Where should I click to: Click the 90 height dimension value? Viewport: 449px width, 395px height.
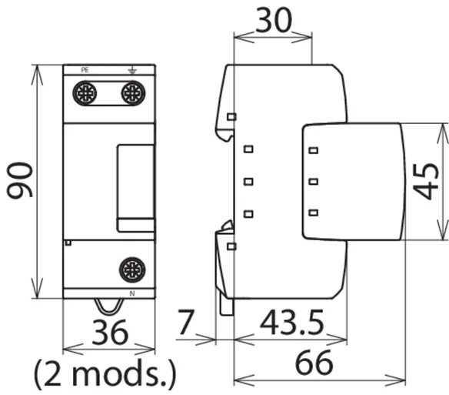[x=20, y=180]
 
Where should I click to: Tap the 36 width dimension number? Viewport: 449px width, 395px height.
[x=110, y=333]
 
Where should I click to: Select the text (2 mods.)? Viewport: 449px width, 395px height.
[x=105, y=374]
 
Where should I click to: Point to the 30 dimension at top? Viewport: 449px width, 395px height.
[x=274, y=20]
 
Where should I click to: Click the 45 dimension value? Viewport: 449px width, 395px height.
[x=426, y=181]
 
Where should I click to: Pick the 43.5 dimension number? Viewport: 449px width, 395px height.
[x=292, y=323]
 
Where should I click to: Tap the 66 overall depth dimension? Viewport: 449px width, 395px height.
[x=314, y=363]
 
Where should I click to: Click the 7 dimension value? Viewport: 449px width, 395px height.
[x=186, y=322]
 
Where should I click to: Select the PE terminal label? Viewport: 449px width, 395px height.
[x=85, y=70]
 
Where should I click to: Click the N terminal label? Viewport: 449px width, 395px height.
[x=132, y=293]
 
